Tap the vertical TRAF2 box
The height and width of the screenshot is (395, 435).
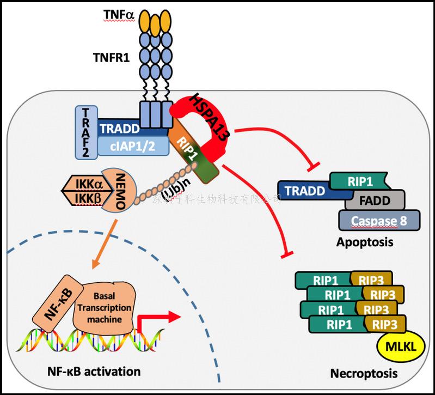pos(86,132)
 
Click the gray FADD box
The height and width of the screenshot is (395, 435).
pos(375,200)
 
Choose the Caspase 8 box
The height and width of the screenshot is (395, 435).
pos(379,221)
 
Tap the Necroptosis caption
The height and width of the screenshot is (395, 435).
pos(364,374)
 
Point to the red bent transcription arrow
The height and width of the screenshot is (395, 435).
pos(158,320)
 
